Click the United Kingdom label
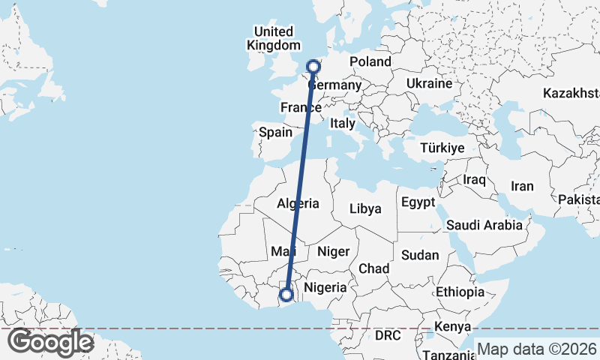273,38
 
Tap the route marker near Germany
313,67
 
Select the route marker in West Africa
286,295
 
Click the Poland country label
370,61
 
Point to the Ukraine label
429,83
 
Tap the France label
301,108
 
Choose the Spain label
275,132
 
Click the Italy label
343,123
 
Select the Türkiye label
443,148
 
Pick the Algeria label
298,203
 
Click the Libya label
365,208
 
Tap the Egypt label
418,202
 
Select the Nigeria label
325,286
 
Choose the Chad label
374,268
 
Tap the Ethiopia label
460,292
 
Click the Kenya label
453,327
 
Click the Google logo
49,342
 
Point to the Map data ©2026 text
537,349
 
